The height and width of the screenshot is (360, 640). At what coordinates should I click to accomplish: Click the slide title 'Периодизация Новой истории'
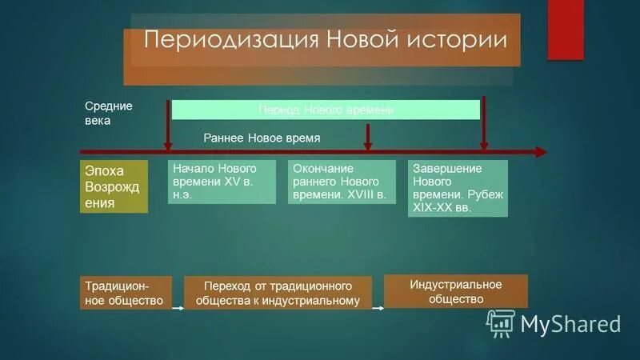click(x=324, y=41)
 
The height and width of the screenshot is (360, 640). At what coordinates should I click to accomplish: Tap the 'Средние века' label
click(x=109, y=113)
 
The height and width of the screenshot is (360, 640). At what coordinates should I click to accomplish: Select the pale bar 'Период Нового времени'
click(x=326, y=110)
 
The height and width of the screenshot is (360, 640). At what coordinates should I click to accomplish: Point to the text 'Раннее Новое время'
click(x=262, y=138)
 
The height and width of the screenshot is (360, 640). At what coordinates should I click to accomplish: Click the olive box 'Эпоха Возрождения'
click(x=114, y=186)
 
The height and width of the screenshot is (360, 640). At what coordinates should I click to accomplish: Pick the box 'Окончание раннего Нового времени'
click(x=341, y=182)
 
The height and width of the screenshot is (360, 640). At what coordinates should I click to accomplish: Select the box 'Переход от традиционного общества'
click(x=278, y=294)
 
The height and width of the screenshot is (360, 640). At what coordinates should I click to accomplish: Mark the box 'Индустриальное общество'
click(x=455, y=291)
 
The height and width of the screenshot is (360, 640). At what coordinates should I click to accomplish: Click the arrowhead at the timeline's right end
click(x=542, y=151)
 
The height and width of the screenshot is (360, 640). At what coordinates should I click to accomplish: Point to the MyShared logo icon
click(x=501, y=323)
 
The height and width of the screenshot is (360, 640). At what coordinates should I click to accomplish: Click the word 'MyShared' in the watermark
click(x=570, y=323)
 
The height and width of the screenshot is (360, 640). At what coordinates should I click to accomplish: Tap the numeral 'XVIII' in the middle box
click(x=369, y=194)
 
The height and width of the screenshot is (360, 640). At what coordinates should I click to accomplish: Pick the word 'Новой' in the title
click(x=368, y=41)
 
